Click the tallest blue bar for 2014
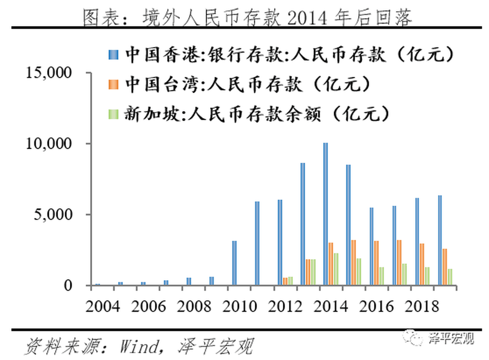click(x=325, y=214)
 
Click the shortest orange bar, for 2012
click(x=285, y=281)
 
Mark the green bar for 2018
click(x=427, y=276)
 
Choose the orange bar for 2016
click(x=376, y=263)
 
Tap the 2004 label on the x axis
click(x=104, y=307)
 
